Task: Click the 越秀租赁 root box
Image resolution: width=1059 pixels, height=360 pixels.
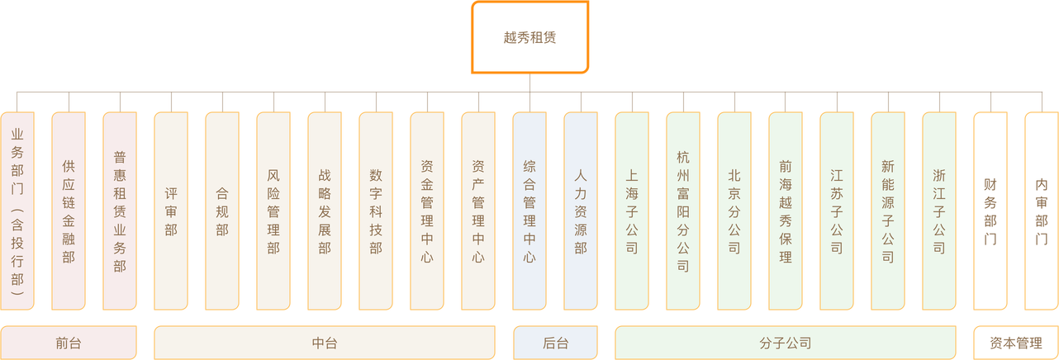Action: click(529, 37)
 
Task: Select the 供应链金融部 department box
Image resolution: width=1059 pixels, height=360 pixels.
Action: click(69, 211)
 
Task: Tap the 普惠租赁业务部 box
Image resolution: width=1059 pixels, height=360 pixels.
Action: click(120, 211)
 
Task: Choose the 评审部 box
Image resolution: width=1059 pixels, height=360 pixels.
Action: click(171, 211)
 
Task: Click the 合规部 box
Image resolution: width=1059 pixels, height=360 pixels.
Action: click(222, 211)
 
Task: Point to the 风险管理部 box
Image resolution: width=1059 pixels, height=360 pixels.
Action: click(273, 211)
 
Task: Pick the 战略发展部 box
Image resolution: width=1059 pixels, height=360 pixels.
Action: click(325, 211)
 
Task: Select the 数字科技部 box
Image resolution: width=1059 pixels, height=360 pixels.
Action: click(376, 211)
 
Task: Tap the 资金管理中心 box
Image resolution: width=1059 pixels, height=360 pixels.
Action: click(427, 211)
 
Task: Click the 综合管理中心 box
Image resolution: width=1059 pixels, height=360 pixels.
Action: click(529, 211)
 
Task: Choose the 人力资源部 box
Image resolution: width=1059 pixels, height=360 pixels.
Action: click(581, 211)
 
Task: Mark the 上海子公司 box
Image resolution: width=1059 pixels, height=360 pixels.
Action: click(632, 211)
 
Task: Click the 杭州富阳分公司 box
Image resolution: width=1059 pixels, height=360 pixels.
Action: click(683, 211)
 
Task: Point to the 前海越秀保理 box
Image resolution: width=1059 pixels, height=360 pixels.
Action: click(786, 211)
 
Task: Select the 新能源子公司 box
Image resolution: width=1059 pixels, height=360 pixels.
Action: click(888, 211)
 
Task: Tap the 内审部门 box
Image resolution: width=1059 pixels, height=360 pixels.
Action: click(1042, 211)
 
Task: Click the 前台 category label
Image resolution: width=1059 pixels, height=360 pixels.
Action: click(69, 343)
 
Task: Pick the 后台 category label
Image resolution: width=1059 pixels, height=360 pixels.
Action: click(555, 343)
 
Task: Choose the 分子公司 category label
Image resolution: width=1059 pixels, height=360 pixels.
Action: click(786, 343)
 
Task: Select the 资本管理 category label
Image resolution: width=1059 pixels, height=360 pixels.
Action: click(1016, 343)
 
